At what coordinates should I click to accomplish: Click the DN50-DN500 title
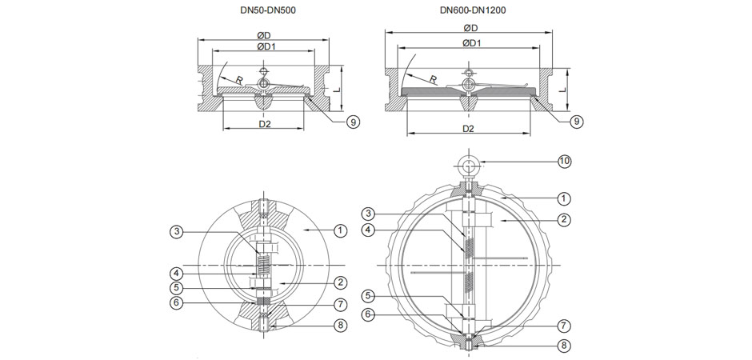(264, 10)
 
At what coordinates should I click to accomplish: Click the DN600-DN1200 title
(472, 10)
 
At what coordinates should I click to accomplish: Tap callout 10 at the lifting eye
(564, 162)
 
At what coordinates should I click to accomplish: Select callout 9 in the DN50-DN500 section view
(352, 122)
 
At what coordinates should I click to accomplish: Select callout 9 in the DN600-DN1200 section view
(575, 122)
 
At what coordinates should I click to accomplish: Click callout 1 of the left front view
(340, 230)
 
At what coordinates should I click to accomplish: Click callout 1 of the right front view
(564, 197)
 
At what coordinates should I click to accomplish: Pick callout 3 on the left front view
(176, 232)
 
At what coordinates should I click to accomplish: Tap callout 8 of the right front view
(564, 346)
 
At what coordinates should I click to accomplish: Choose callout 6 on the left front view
(176, 302)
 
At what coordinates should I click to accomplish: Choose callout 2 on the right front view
(564, 219)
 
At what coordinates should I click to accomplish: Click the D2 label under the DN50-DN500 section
(265, 125)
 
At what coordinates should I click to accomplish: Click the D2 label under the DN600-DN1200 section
(469, 128)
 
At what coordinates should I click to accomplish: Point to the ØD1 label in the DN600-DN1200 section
(470, 43)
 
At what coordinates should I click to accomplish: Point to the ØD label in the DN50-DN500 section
(263, 35)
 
